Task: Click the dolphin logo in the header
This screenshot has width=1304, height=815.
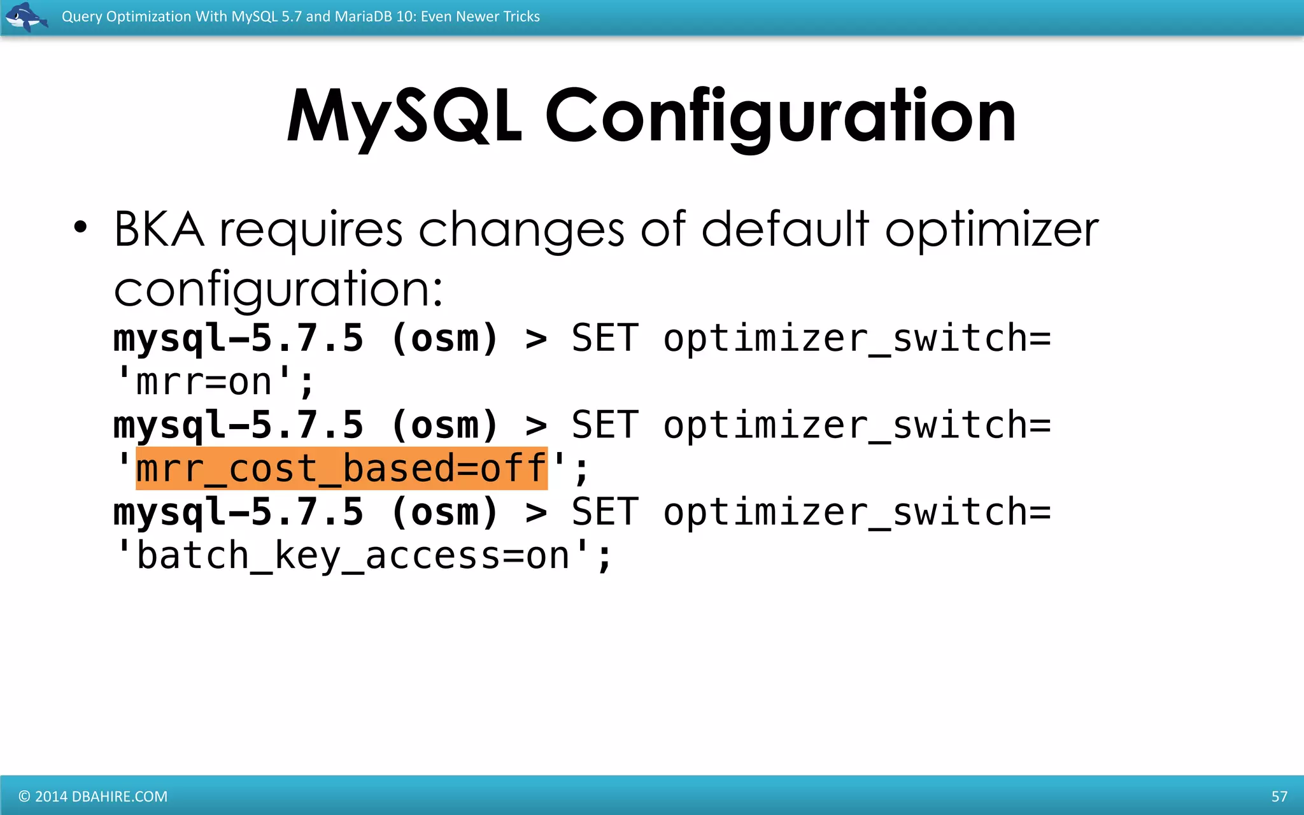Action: click(25, 17)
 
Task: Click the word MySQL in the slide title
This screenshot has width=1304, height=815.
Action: click(405, 117)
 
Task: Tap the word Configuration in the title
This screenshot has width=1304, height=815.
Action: click(781, 117)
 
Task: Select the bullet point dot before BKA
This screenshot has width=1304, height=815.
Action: click(80, 227)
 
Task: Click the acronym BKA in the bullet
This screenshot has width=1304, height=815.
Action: click(159, 229)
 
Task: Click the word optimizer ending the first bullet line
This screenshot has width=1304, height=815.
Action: click(992, 230)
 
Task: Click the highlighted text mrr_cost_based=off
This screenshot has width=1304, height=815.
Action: click(341, 469)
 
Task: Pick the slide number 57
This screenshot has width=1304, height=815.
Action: click(1279, 797)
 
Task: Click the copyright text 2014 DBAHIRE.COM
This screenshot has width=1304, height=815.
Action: click(93, 797)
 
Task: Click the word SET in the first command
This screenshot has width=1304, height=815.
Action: click(604, 338)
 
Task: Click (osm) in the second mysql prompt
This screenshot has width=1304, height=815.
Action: click(444, 425)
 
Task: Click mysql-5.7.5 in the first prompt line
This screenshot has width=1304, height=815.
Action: click(238, 338)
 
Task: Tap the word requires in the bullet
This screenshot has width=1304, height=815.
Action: click(311, 229)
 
